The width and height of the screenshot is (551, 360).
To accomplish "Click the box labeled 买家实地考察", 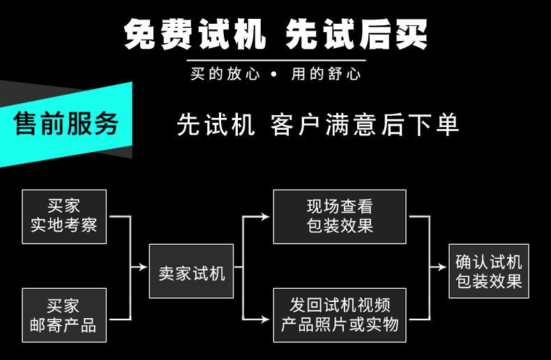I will (x=64, y=216).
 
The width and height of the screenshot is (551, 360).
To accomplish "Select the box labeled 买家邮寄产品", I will (x=64, y=315).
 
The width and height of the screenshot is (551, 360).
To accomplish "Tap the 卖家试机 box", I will (x=190, y=271).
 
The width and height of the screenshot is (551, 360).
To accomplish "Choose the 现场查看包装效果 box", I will (x=340, y=216).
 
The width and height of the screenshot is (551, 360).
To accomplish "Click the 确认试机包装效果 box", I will (x=488, y=271).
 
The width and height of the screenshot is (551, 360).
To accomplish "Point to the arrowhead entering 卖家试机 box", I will (x=144, y=267).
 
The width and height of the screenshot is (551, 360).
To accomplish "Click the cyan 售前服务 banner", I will (x=66, y=123).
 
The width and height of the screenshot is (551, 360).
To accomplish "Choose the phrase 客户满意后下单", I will (x=364, y=123).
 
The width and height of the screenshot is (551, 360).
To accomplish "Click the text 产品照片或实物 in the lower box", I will (x=340, y=324).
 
